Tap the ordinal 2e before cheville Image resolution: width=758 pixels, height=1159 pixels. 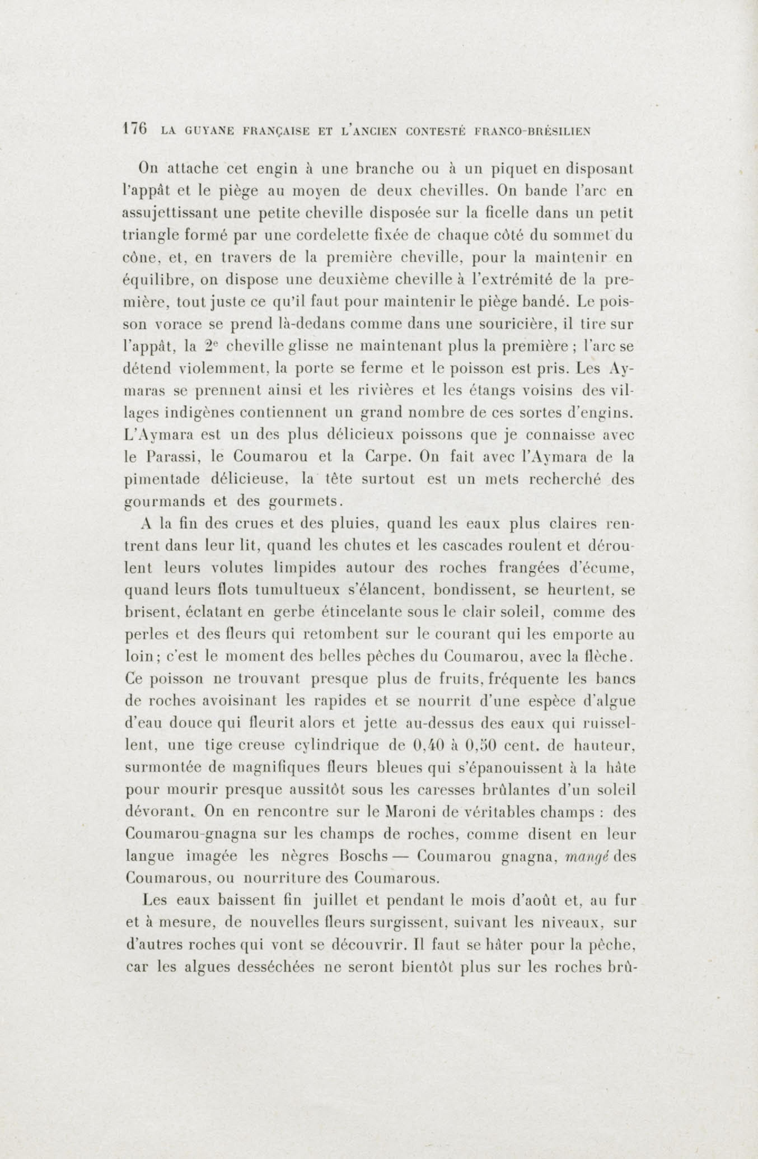(210, 347)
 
